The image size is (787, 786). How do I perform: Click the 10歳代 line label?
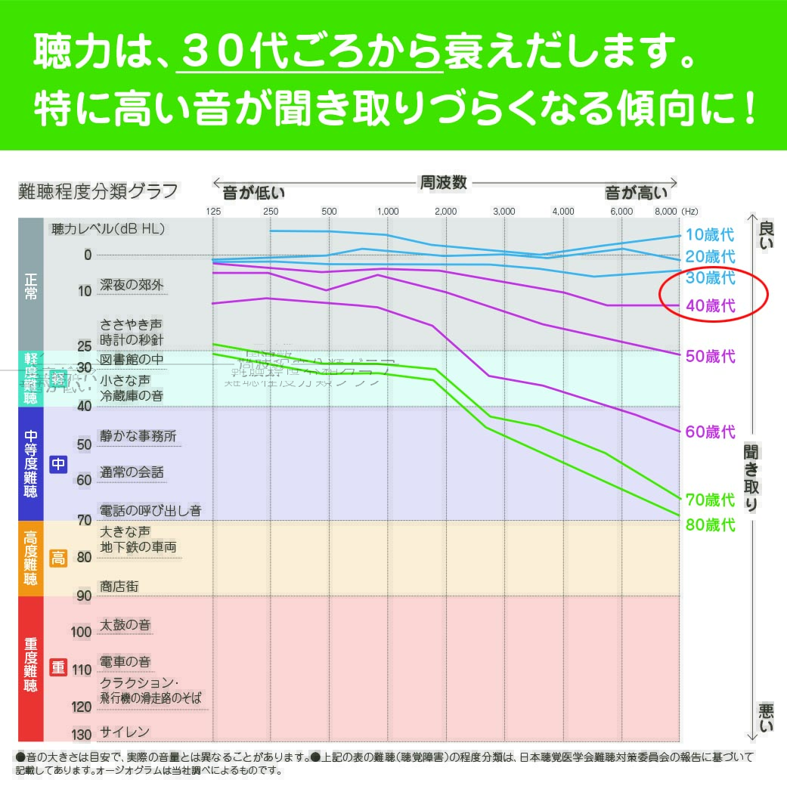(x=710, y=234)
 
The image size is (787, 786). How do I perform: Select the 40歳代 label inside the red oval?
(x=710, y=306)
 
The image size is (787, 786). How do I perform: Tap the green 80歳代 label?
(x=710, y=524)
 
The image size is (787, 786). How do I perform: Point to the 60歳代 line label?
(x=710, y=432)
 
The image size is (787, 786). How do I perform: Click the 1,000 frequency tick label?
(x=388, y=212)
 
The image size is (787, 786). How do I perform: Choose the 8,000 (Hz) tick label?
(x=677, y=212)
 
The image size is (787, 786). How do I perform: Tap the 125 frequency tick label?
(x=213, y=212)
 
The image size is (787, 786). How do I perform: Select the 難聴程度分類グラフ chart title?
(x=98, y=191)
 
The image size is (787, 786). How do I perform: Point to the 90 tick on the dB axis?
(x=83, y=596)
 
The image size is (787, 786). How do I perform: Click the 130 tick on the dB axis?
(x=81, y=735)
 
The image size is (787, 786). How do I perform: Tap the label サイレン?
(x=125, y=732)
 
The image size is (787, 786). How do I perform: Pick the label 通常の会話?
(x=132, y=472)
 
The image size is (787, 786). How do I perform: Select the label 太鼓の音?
(x=125, y=625)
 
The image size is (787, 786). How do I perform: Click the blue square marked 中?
(x=58, y=463)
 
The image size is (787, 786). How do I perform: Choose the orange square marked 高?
(x=58, y=559)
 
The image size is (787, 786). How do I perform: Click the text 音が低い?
(x=253, y=193)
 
